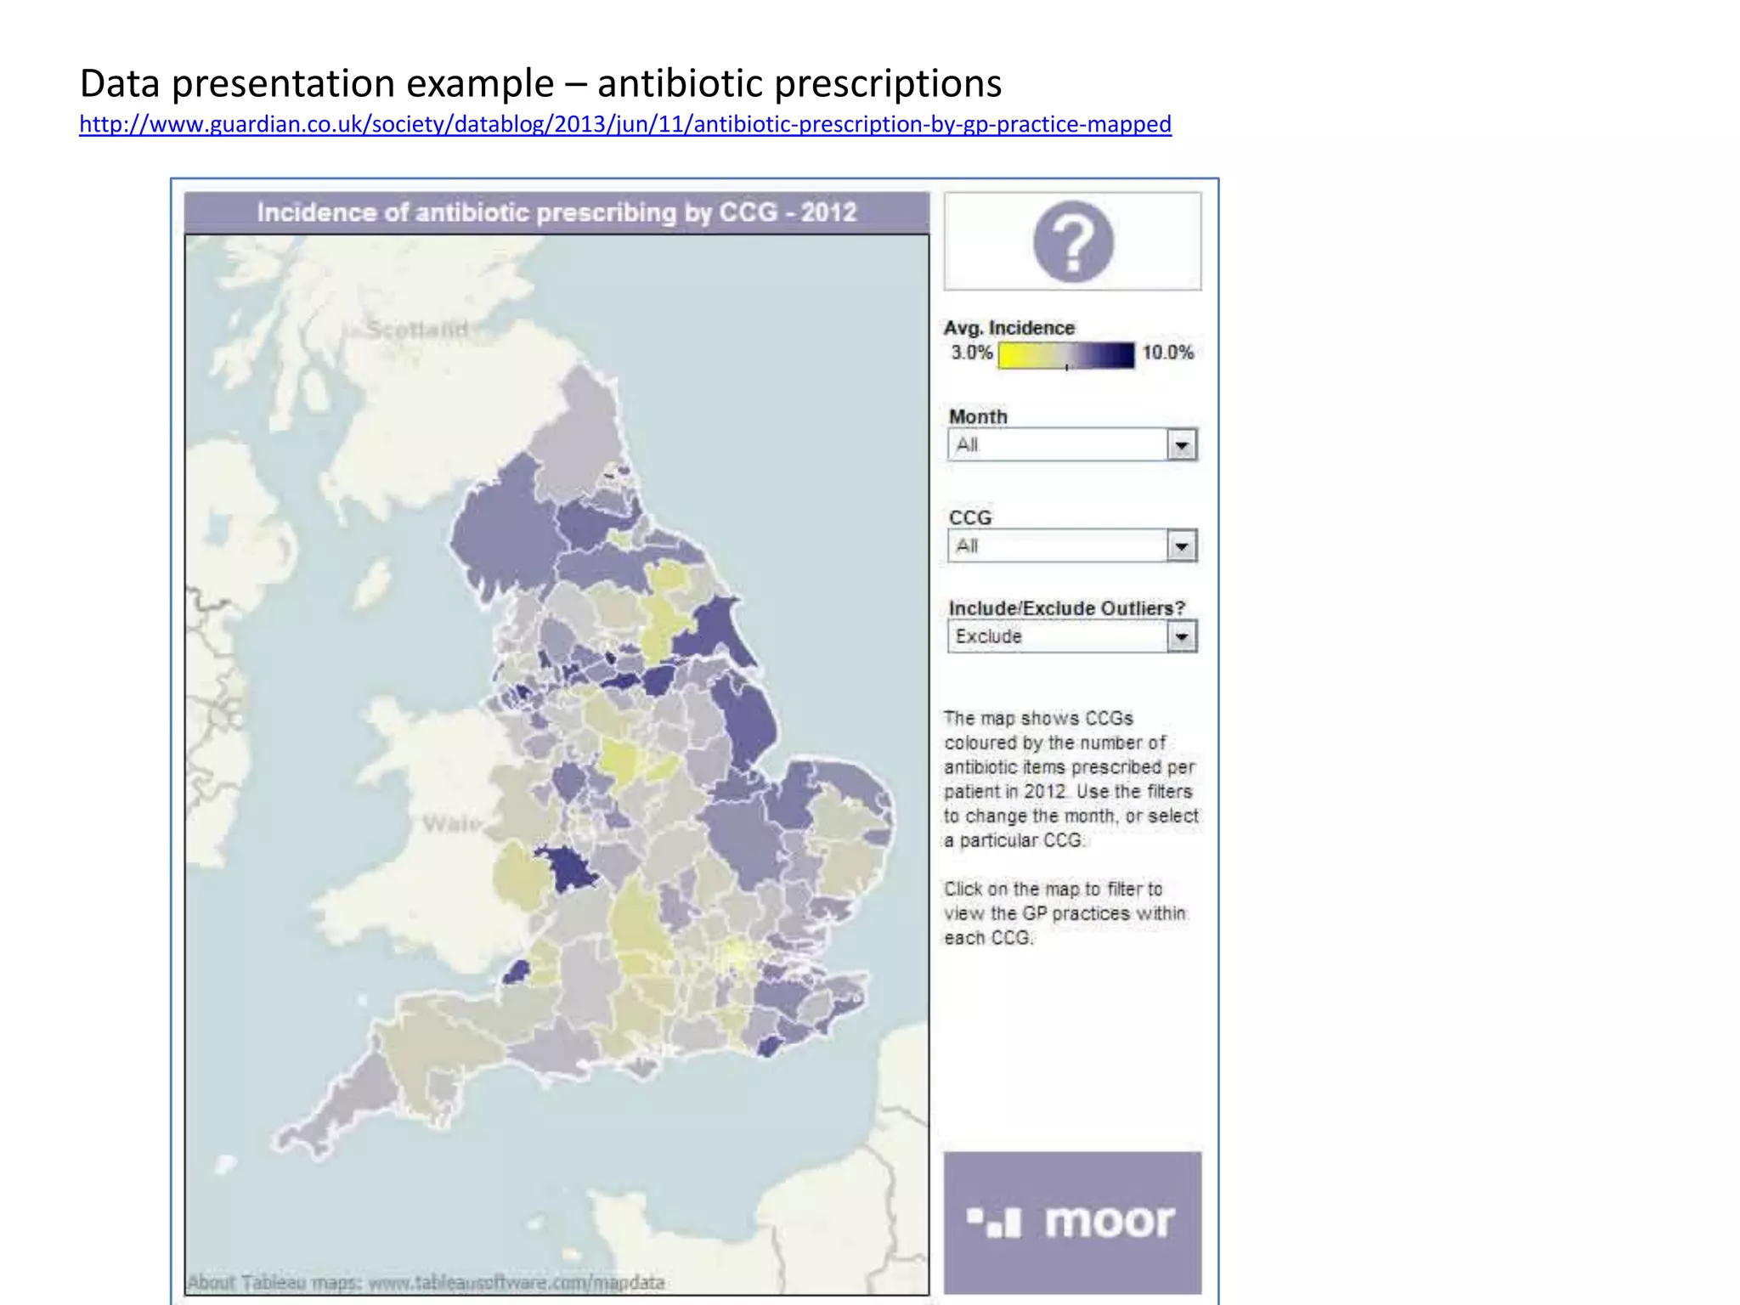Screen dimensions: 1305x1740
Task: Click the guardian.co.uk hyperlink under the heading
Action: (x=624, y=124)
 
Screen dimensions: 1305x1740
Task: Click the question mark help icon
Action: (x=1073, y=242)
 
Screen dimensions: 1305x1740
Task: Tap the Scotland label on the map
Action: (x=417, y=329)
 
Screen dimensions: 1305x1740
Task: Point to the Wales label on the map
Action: (x=451, y=823)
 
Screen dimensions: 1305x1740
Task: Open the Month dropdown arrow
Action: (x=1182, y=445)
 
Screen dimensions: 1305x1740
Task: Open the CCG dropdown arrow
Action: (x=1182, y=546)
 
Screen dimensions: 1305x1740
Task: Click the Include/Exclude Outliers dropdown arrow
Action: (x=1182, y=636)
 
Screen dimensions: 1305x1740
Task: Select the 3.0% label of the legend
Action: (x=971, y=353)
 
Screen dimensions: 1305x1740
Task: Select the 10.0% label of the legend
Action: (x=1167, y=353)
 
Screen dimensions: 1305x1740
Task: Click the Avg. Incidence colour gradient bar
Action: (x=1065, y=355)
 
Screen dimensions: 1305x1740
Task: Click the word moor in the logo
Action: (x=1109, y=1222)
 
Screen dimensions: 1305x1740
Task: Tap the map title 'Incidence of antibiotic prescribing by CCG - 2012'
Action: (x=556, y=212)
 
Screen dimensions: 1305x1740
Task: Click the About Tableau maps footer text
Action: (x=425, y=1282)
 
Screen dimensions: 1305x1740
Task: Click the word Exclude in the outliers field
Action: (x=988, y=636)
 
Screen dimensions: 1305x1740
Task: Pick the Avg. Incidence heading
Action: (x=1008, y=328)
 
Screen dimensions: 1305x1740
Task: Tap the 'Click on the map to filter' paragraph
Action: (x=1065, y=913)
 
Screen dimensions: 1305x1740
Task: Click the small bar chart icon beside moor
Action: (x=993, y=1223)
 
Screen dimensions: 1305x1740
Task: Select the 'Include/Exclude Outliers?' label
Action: (x=1066, y=608)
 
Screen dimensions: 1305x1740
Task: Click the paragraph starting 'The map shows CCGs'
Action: (x=1071, y=779)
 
